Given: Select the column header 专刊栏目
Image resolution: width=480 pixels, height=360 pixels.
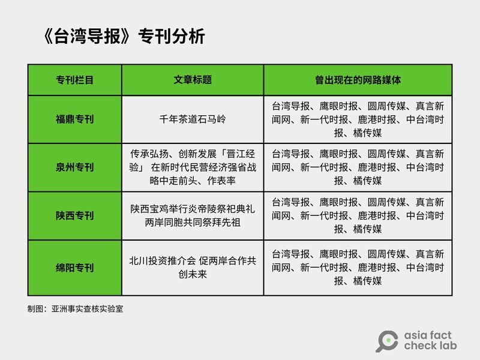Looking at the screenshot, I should tap(74, 80).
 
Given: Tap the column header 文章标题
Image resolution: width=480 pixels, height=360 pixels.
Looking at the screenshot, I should tap(193, 80).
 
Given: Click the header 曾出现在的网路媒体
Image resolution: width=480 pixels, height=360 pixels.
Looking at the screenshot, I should tap(358, 80).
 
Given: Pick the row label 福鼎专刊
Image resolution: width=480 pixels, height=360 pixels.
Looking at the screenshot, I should tap(74, 119).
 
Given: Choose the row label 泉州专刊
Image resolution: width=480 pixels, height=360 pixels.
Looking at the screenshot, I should tap(74, 167).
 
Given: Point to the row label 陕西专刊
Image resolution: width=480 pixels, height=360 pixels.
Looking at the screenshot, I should tap(74, 215).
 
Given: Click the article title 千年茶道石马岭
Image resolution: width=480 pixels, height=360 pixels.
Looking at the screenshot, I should tap(193, 119).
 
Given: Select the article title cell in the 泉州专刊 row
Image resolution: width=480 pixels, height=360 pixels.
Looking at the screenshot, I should tap(193, 167).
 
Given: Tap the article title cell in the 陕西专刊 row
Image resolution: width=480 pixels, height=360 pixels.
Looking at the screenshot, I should tap(193, 215).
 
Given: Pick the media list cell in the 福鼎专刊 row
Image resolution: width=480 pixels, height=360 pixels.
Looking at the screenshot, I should tap(358, 119).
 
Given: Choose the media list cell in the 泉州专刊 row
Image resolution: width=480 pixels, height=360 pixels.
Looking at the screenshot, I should tap(358, 167).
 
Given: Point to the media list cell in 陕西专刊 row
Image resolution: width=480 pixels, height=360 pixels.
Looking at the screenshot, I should tap(358, 215).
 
